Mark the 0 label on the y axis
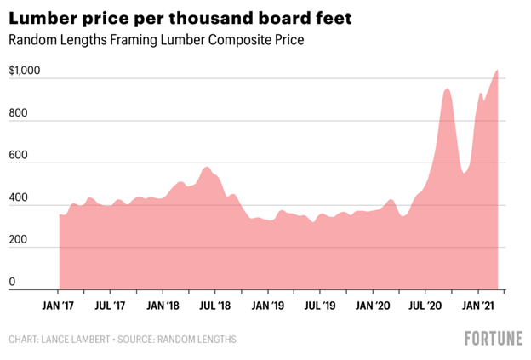click(12, 282)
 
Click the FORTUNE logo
click(493, 339)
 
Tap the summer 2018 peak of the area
click(207, 168)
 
